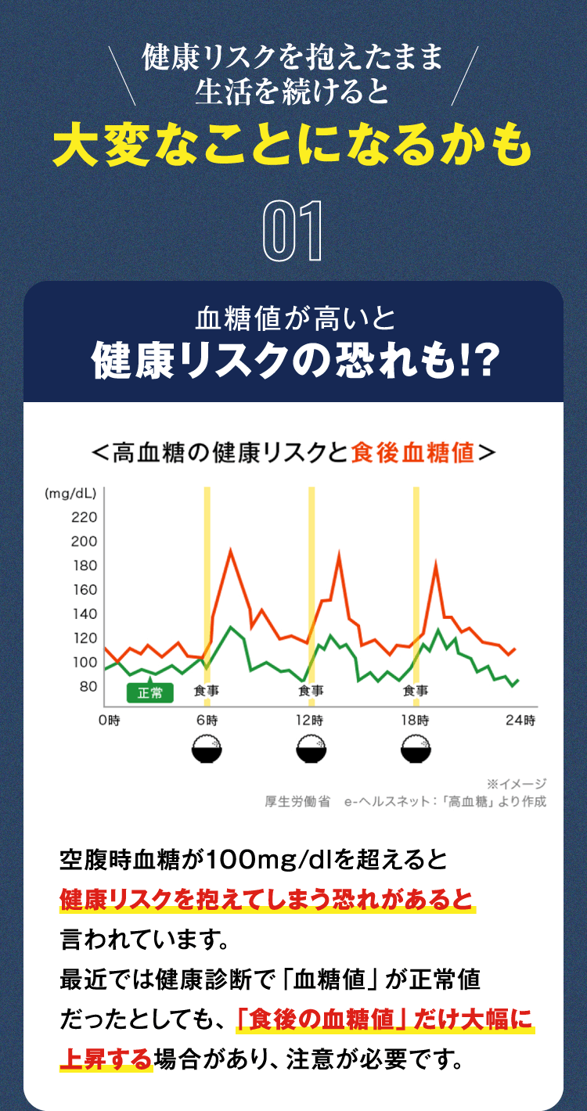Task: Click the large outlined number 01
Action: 293,232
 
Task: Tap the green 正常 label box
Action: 149,692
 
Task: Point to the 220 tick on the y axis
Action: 84,517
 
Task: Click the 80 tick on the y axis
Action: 88,686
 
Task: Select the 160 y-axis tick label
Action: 84,590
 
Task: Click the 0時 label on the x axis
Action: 109,720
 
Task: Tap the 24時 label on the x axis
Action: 520,720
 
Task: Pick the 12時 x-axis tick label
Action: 311,720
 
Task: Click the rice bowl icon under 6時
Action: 207,750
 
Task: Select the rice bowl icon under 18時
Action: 415,750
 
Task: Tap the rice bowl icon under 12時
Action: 312,750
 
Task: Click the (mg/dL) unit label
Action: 70,494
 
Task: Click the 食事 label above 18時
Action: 416,691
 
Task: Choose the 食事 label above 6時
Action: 207,691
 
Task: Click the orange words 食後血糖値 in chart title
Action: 413,452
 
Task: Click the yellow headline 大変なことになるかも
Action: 293,145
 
